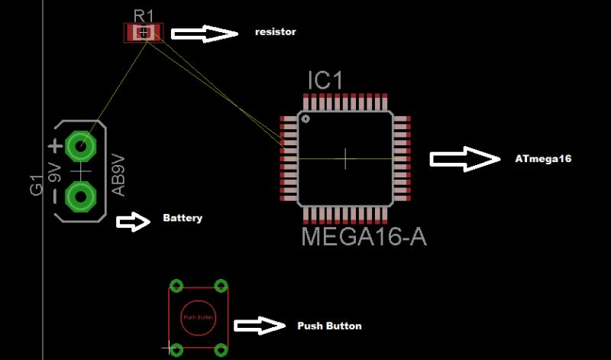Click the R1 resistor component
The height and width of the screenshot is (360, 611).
144,32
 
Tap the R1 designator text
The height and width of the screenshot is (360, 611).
144,15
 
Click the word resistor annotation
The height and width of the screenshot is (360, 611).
275,32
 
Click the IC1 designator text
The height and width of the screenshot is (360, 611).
325,80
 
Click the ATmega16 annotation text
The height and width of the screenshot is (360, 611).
543,159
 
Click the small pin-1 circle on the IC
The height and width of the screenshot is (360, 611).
305,119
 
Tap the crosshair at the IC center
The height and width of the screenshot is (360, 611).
346,158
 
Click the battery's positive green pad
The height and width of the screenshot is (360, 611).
79,144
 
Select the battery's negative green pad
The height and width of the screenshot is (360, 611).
79,196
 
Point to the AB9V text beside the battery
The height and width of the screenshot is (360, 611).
118,175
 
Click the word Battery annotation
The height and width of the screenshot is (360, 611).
183,219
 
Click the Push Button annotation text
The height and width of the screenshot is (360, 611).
329,326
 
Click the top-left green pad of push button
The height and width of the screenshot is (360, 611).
176,286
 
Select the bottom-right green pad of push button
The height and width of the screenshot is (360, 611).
221,349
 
